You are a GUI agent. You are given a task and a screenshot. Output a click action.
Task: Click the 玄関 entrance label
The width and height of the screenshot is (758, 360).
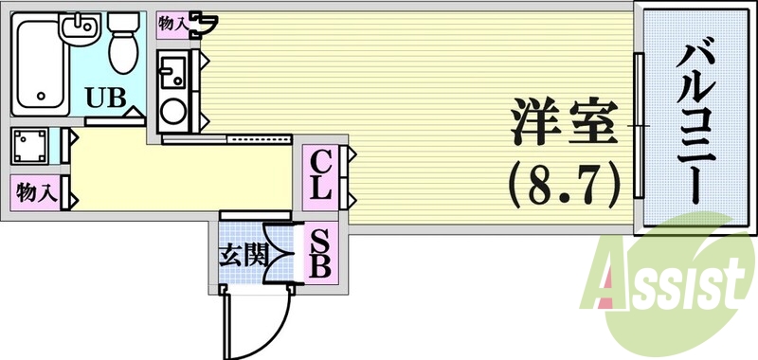[x=243, y=255]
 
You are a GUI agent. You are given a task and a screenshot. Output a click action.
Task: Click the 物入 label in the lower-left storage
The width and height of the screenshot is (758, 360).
[x=35, y=194]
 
